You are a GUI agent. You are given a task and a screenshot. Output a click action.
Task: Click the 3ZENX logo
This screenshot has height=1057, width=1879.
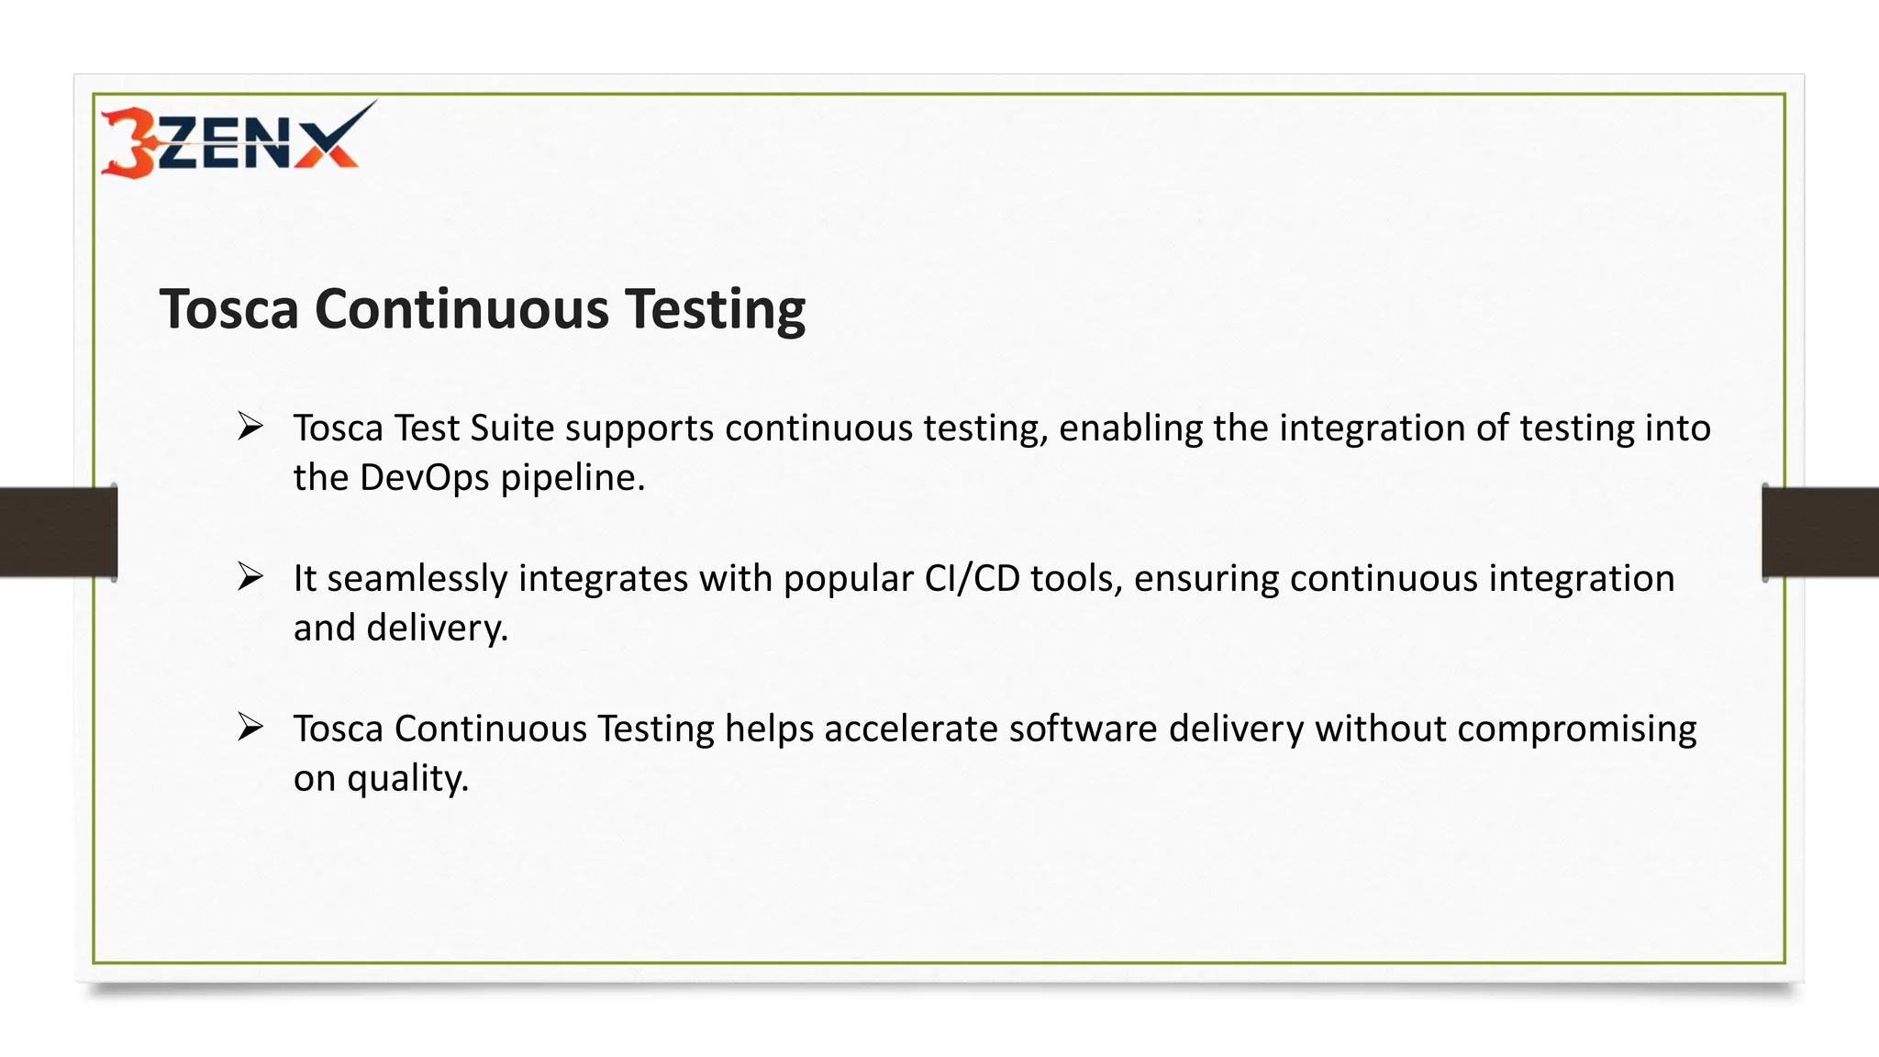(237, 140)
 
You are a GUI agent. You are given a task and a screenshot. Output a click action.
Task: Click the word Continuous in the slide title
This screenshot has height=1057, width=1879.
(461, 308)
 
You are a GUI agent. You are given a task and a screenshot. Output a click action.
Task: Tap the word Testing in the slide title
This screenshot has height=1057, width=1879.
(715, 310)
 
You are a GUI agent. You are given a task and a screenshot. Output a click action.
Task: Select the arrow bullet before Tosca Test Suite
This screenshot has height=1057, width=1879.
(250, 427)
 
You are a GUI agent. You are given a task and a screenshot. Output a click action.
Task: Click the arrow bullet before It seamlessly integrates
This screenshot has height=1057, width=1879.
(250, 577)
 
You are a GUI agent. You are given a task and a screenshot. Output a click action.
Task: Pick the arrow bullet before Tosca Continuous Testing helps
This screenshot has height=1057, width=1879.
(250, 728)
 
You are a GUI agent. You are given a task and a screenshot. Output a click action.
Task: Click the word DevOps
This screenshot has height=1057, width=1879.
(424, 478)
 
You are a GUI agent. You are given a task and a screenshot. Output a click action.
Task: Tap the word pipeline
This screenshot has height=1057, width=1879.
(573, 478)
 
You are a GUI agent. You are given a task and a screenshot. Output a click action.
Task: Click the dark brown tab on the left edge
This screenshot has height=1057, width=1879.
(58, 532)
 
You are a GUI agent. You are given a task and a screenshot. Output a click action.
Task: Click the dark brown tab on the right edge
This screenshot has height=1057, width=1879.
(1820, 532)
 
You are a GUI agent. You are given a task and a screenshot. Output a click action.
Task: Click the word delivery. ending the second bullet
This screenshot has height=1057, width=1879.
(437, 629)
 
